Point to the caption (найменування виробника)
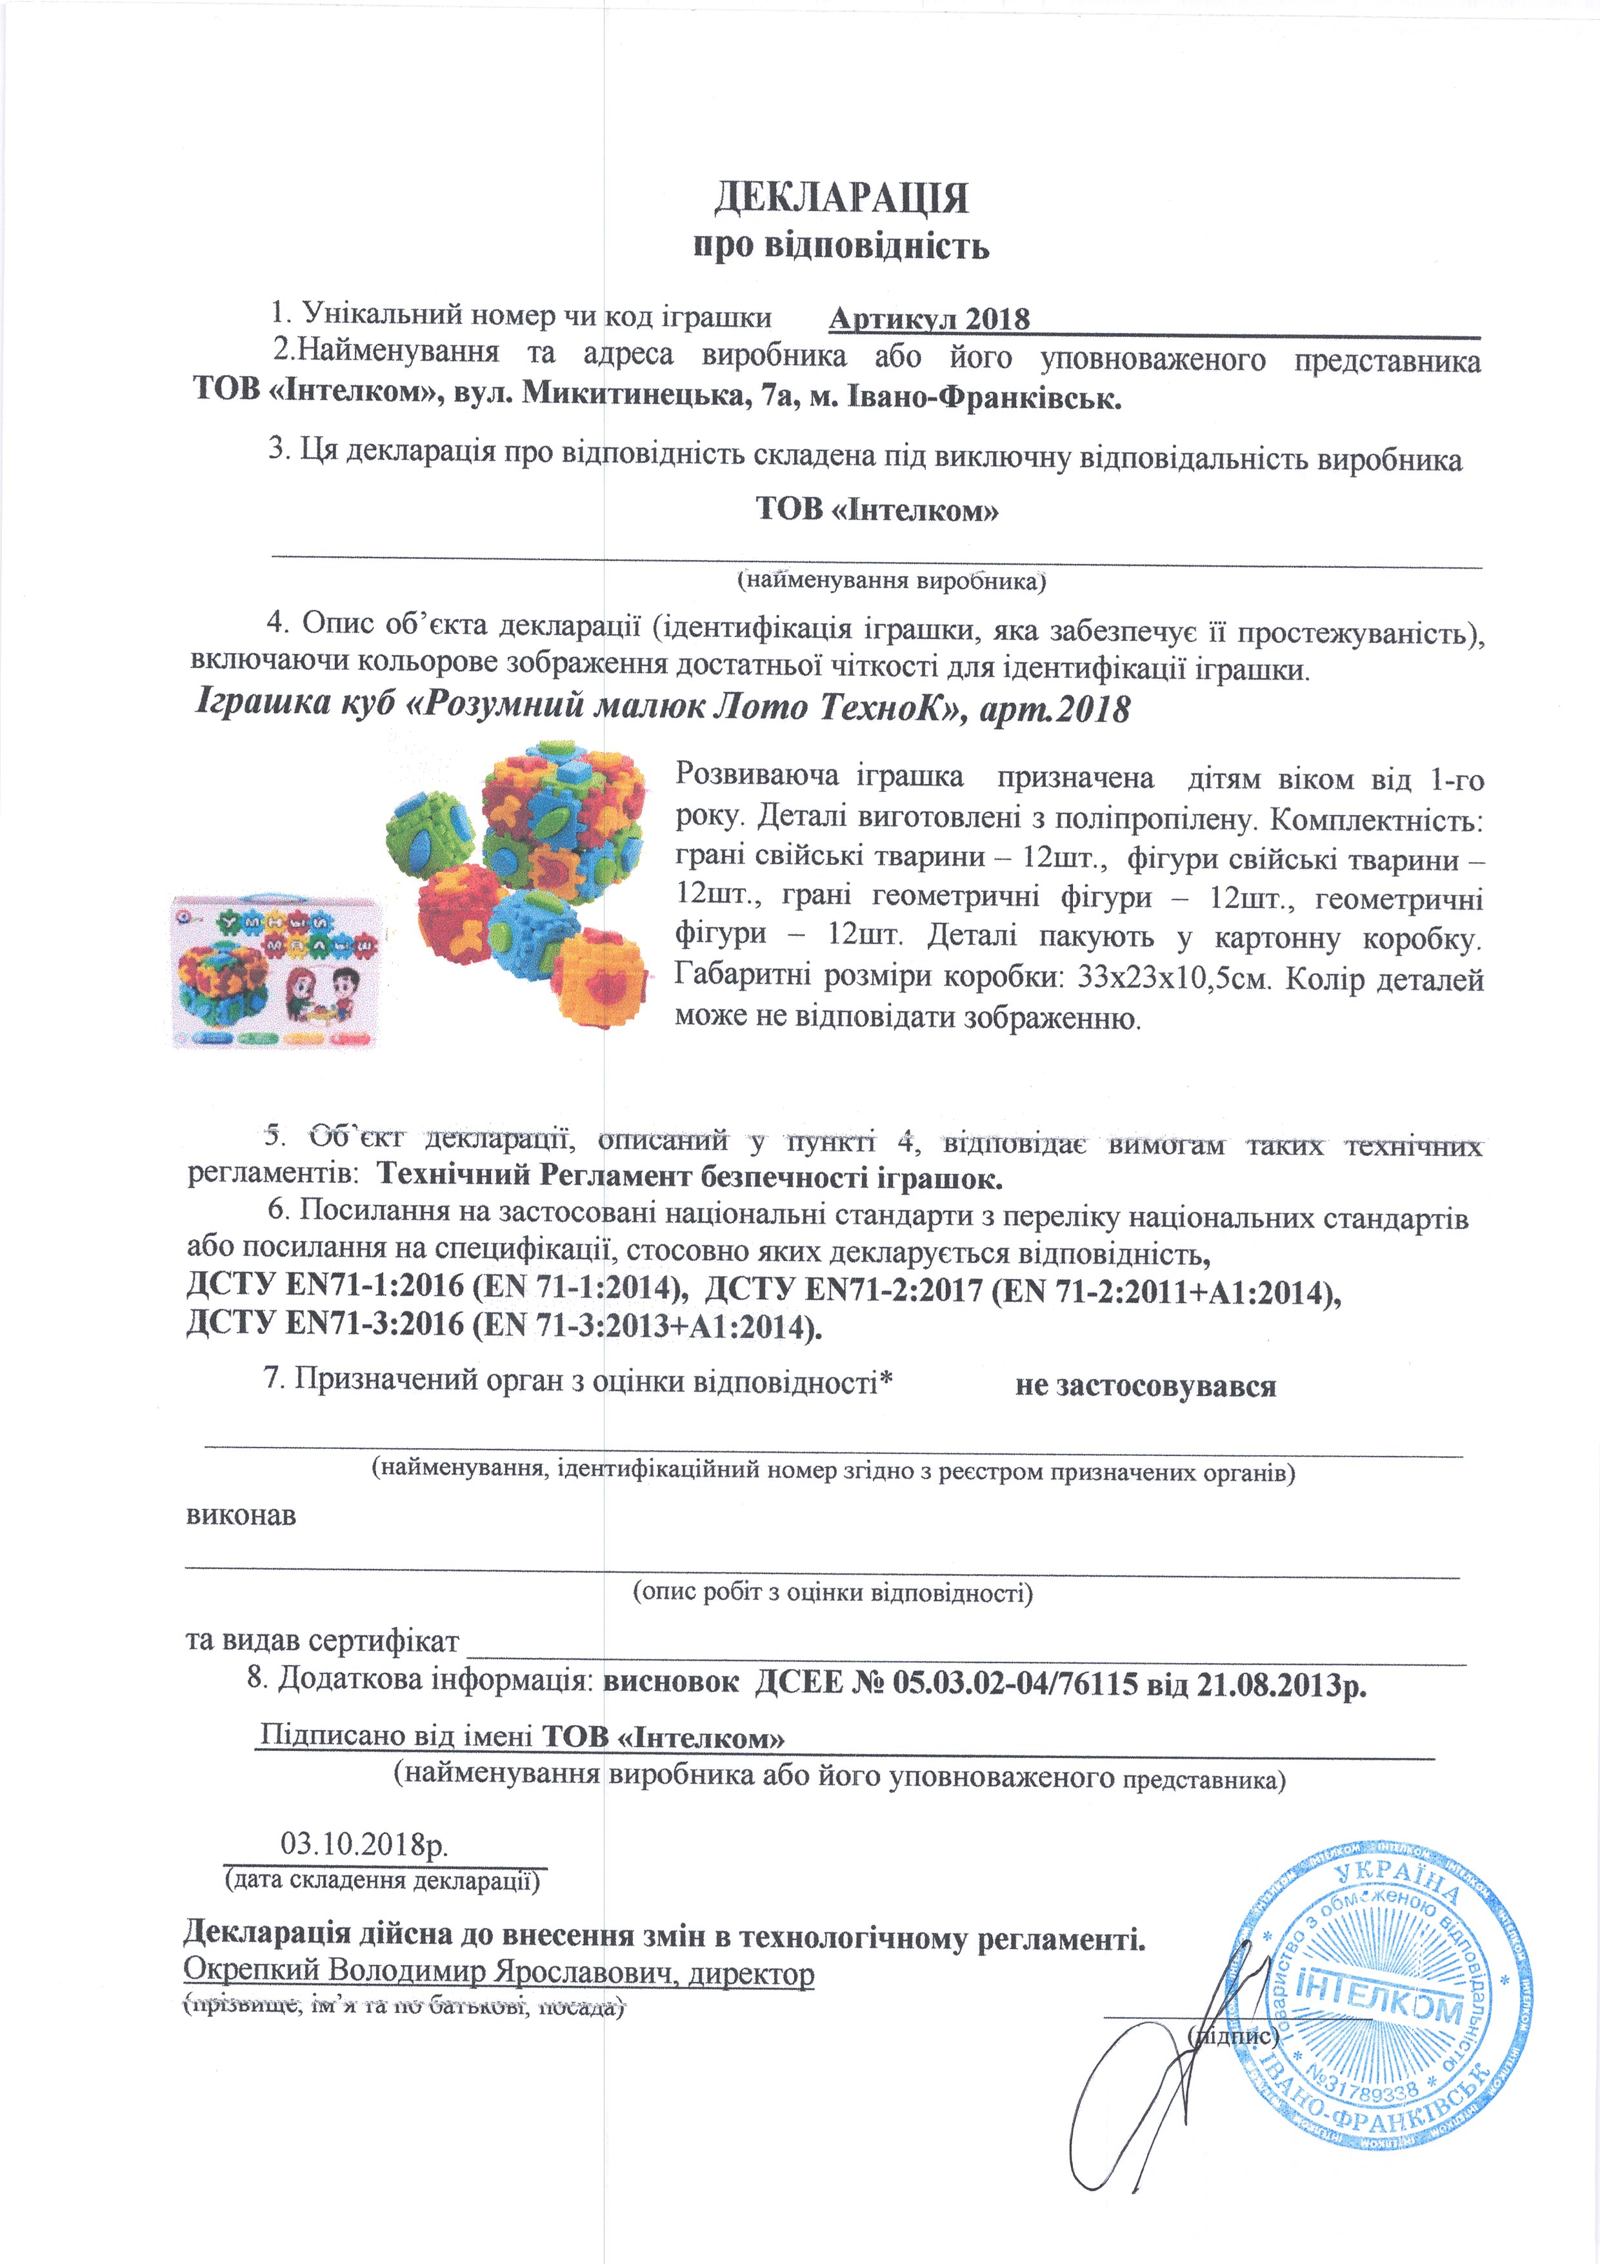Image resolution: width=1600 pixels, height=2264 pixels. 891,580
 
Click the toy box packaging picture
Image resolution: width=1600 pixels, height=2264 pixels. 276,972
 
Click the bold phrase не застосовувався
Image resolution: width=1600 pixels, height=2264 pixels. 1146,1386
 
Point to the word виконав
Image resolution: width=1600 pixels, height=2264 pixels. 241,1515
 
